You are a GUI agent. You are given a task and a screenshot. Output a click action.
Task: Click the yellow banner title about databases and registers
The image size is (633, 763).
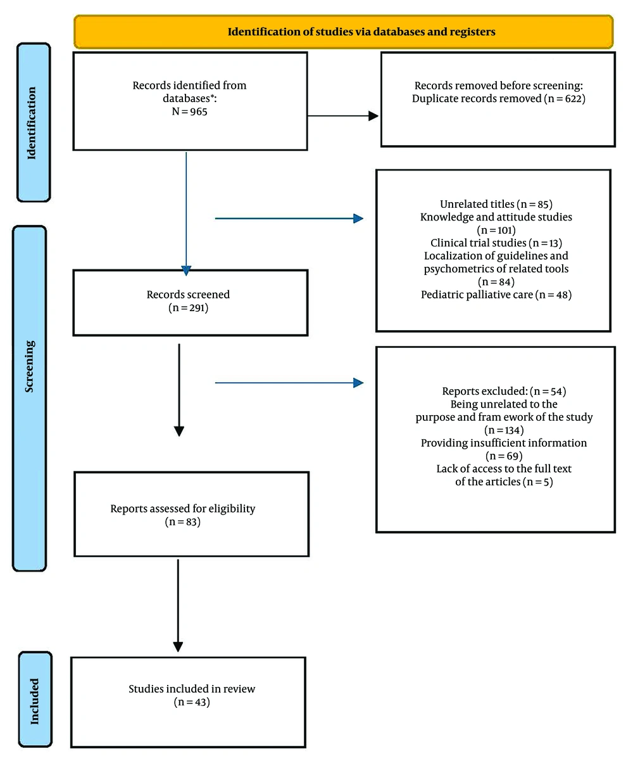pyautogui.click(x=361, y=32)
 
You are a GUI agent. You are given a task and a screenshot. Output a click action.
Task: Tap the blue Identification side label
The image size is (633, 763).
pyautogui.click(x=32, y=123)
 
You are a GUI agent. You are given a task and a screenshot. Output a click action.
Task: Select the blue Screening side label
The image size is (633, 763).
pyautogui.click(x=29, y=366)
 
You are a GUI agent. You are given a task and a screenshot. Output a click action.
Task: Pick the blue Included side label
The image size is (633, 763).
pyautogui.click(x=34, y=702)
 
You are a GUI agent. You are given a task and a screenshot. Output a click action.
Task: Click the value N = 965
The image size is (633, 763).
pyautogui.click(x=189, y=112)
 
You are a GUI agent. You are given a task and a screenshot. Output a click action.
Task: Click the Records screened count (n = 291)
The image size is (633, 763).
pyautogui.click(x=189, y=308)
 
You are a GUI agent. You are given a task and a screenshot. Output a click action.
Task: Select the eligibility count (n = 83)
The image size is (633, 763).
pyautogui.click(x=182, y=522)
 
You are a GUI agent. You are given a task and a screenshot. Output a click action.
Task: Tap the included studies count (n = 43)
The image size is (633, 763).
pyautogui.click(x=192, y=702)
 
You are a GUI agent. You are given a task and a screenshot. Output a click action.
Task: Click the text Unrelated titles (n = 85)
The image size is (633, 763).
pyautogui.click(x=496, y=204)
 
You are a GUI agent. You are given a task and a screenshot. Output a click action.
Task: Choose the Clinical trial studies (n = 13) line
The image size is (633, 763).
pyautogui.click(x=496, y=243)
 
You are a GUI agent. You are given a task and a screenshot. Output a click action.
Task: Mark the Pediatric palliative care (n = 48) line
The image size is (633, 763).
pyautogui.click(x=496, y=295)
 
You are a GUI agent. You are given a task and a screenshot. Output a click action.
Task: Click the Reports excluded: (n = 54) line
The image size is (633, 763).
pyautogui.click(x=504, y=391)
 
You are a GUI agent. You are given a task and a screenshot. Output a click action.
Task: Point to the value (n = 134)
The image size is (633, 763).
pyautogui.click(x=504, y=430)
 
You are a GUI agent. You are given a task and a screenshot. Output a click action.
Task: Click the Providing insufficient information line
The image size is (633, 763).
pyautogui.click(x=504, y=443)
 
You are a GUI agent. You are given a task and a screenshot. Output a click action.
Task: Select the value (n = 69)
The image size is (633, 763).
pyautogui.click(x=504, y=456)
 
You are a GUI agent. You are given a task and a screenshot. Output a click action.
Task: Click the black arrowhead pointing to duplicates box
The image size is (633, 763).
pyautogui.click(x=373, y=116)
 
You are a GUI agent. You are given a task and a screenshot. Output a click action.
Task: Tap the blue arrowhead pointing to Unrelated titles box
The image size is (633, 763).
pyautogui.click(x=358, y=219)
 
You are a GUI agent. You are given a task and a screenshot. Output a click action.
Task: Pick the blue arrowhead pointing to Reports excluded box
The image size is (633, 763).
pyautogui.click(x=358, y=383)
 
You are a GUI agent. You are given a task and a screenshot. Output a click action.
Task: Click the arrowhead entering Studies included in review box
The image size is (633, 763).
pyautogui.click(x=178, y=647)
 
